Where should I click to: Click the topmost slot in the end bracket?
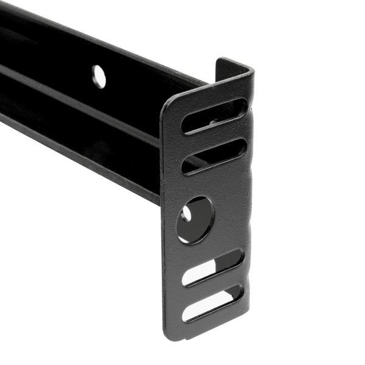214,115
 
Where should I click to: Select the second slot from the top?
214,156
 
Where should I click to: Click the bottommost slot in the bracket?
213,302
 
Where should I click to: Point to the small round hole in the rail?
99,77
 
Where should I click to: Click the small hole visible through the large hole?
186,214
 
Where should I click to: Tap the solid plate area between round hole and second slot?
207,182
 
